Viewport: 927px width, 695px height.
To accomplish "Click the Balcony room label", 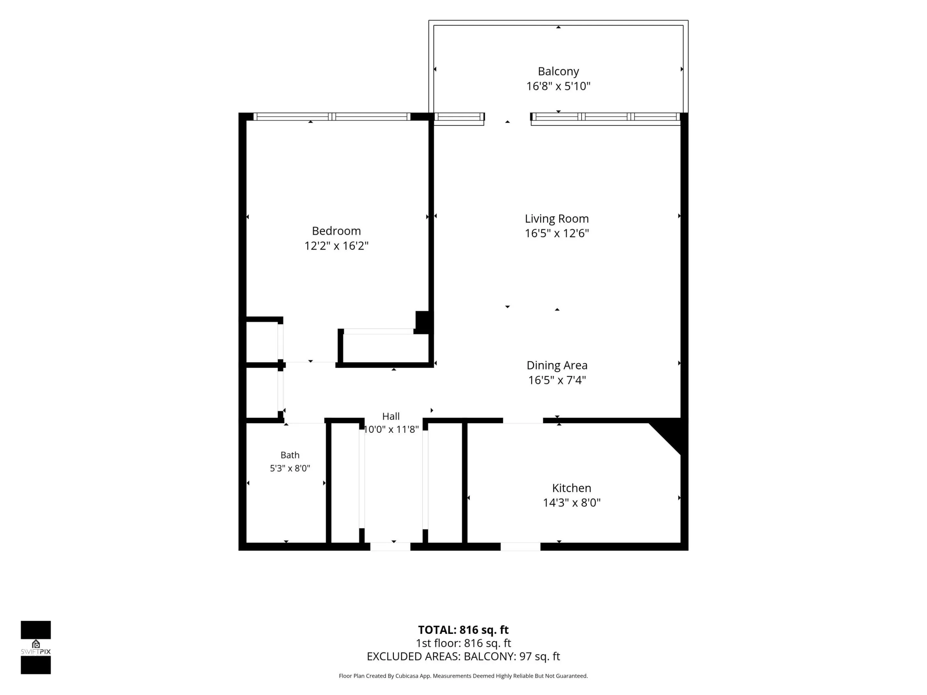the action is [558, 71].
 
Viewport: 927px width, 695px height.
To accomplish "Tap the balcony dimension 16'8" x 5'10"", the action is [558, 86].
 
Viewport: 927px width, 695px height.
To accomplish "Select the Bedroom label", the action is [336, 231].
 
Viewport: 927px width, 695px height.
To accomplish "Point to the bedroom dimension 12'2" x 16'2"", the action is [336, 246].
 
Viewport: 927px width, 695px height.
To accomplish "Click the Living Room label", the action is [557, 219].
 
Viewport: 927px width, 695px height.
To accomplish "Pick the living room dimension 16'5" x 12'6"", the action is [557, 233].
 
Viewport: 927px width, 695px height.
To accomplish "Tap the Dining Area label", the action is [557, 365].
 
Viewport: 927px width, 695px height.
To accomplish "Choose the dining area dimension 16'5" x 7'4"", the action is [557, 380].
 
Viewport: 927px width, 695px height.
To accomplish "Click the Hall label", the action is [390, 416].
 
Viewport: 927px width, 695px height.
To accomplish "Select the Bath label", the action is [290, 455].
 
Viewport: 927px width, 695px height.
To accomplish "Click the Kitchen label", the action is [572, 488].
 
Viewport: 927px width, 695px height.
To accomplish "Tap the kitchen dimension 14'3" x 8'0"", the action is [572, 503].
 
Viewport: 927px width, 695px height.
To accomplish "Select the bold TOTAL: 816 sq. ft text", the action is [463, 630].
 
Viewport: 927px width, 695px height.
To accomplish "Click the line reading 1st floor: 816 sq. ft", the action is [463, 643].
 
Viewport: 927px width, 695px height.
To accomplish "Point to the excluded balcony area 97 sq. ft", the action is [539, 656].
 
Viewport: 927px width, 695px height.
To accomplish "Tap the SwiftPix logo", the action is [36, 647].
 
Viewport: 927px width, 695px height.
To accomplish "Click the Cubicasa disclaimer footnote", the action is [463, 676].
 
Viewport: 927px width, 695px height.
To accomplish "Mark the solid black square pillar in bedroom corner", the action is [424, 322].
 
